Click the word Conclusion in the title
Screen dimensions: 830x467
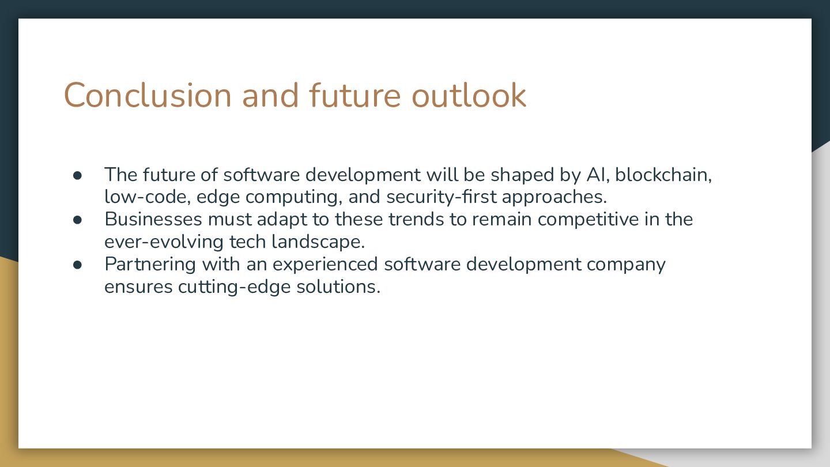tap(148, 95)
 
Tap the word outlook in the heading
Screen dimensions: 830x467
tap(469, 95)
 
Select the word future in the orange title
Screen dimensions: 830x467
tap(355, 95)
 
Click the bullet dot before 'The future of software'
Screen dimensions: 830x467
tap(77, 175)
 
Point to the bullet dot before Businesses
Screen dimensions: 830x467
tap(77, 220)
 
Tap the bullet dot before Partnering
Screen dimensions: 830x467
tap(77, 265)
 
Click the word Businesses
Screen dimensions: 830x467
tap(153, 219)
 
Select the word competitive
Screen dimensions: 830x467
tap(588, 220)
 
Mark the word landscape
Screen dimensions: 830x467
tap(318, 242)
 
